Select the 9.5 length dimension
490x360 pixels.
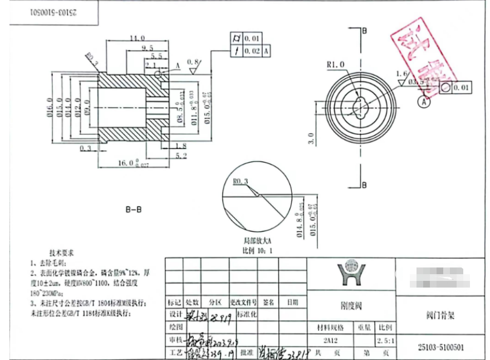tap(148, 48)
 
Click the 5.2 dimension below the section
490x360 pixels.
tap(181, 157)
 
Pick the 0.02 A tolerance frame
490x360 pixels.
tap(251, 51)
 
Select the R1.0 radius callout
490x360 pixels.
tap(336, 65)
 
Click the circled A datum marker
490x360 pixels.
tap(425, 102)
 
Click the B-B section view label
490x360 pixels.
tap(133, 210)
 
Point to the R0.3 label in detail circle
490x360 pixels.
tap(240, 181)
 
